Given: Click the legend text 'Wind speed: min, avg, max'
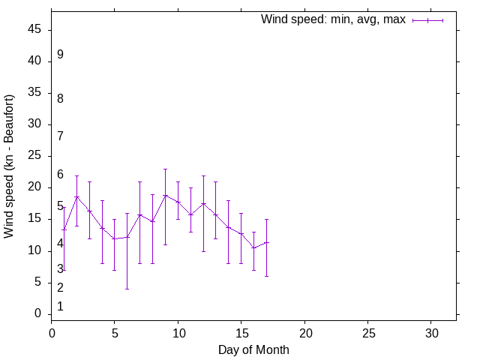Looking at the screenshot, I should coord(333,19).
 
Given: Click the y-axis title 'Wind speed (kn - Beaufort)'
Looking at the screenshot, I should coord(10,166).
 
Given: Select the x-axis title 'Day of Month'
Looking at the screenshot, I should coord(253,349).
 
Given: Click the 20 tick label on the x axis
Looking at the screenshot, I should coord(304,331).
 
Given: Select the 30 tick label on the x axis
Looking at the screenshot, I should coord(431,331).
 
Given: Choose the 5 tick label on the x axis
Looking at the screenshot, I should coord(115,331).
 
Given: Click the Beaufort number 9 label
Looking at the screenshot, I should coord(60,55).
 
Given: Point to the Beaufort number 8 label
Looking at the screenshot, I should coord(60,98).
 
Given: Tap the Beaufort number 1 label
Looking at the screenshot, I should coord(60,307).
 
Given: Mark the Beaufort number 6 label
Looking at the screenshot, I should coord(60,175).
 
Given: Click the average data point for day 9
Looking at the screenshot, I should coord(165,195).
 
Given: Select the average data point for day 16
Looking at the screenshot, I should coord(253,247).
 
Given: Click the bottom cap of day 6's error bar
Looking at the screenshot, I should coord(127,289).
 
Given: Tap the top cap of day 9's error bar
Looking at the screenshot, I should coord(165,169).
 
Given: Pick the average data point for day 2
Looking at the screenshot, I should coord(76,197).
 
